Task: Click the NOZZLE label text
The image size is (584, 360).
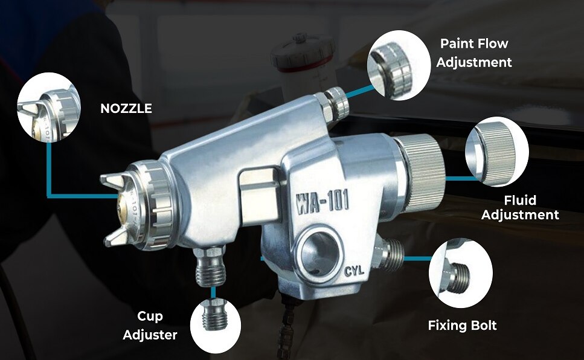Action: [x=126, y=109]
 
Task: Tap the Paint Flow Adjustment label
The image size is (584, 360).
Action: [x=474, y=53]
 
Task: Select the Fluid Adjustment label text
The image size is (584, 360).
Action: [x=521, y=207]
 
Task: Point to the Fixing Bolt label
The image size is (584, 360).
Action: [x=462, y=326]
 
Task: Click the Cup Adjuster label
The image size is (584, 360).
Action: [x=150, y=326]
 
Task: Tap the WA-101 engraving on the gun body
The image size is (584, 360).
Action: [x=322, y=202]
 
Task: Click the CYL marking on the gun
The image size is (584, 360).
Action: [x=354, y=270]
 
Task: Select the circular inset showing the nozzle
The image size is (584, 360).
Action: [x=49, y=108]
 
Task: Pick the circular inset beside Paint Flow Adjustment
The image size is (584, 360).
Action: [x=399, y=66]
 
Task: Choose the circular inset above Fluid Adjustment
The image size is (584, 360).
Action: [x=497, y=151]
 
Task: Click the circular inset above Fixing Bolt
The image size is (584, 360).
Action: [x=461, y=273]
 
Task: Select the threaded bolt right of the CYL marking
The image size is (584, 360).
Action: [x=389, y=254]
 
